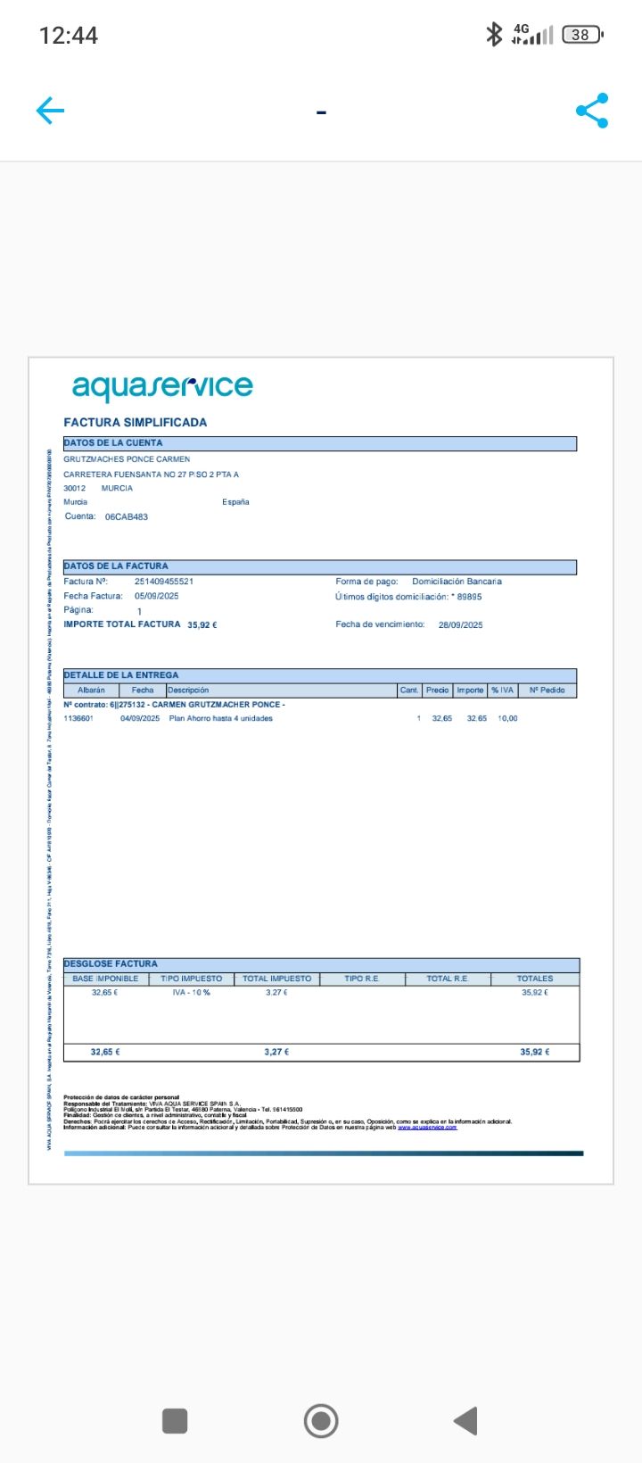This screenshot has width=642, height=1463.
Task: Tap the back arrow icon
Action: point(50,111)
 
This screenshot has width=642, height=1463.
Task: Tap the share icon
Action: point(592,111)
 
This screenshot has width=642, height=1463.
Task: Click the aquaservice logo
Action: point(162,386)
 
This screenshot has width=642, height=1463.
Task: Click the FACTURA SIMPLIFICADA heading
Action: point(136,422)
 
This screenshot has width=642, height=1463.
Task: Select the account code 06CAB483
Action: point(127,517)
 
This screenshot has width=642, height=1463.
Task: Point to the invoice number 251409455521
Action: point(164,582)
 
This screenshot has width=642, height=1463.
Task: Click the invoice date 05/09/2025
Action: point(157,596)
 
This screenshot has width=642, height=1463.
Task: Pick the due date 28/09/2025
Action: point(460,625)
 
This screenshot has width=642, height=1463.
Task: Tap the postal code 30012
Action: point(75,488)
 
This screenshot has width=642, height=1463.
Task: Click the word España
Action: point(235,502)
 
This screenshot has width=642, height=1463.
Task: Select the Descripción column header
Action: point(188,690)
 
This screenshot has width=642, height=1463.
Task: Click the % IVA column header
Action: point(503,690)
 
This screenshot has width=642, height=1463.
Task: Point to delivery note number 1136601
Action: point(78,718)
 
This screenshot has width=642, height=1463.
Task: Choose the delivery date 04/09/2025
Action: point(140,718)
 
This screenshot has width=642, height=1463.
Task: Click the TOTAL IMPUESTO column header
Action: point(277,979)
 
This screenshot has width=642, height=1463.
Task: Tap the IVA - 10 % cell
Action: point(192,993)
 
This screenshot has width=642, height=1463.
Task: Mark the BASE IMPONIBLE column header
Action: point(105,979)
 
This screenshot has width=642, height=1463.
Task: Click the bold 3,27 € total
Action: point(276,1053)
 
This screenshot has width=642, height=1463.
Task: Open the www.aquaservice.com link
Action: point(427,1128)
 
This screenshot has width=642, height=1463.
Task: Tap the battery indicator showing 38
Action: point(582,35)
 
